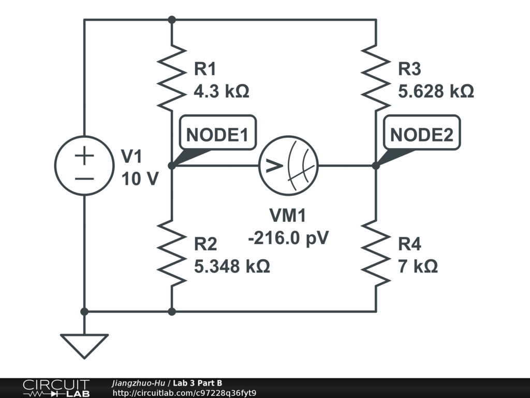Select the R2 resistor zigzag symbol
point(172,253)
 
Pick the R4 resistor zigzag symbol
point(376,253)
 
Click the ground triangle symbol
point(84,346)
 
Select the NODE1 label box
point(218,132)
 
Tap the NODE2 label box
point(422,132)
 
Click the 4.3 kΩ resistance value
point(222,91)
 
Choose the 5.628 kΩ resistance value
point(436,91)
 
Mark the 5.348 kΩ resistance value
point(232,266)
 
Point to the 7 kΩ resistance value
point(418,266)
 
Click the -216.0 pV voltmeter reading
point(288,238)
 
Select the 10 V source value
point(140,179)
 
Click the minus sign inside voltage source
point(84,179)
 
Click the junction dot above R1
point(172,20)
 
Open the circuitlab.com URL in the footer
point(184,393)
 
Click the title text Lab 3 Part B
point(197,383)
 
